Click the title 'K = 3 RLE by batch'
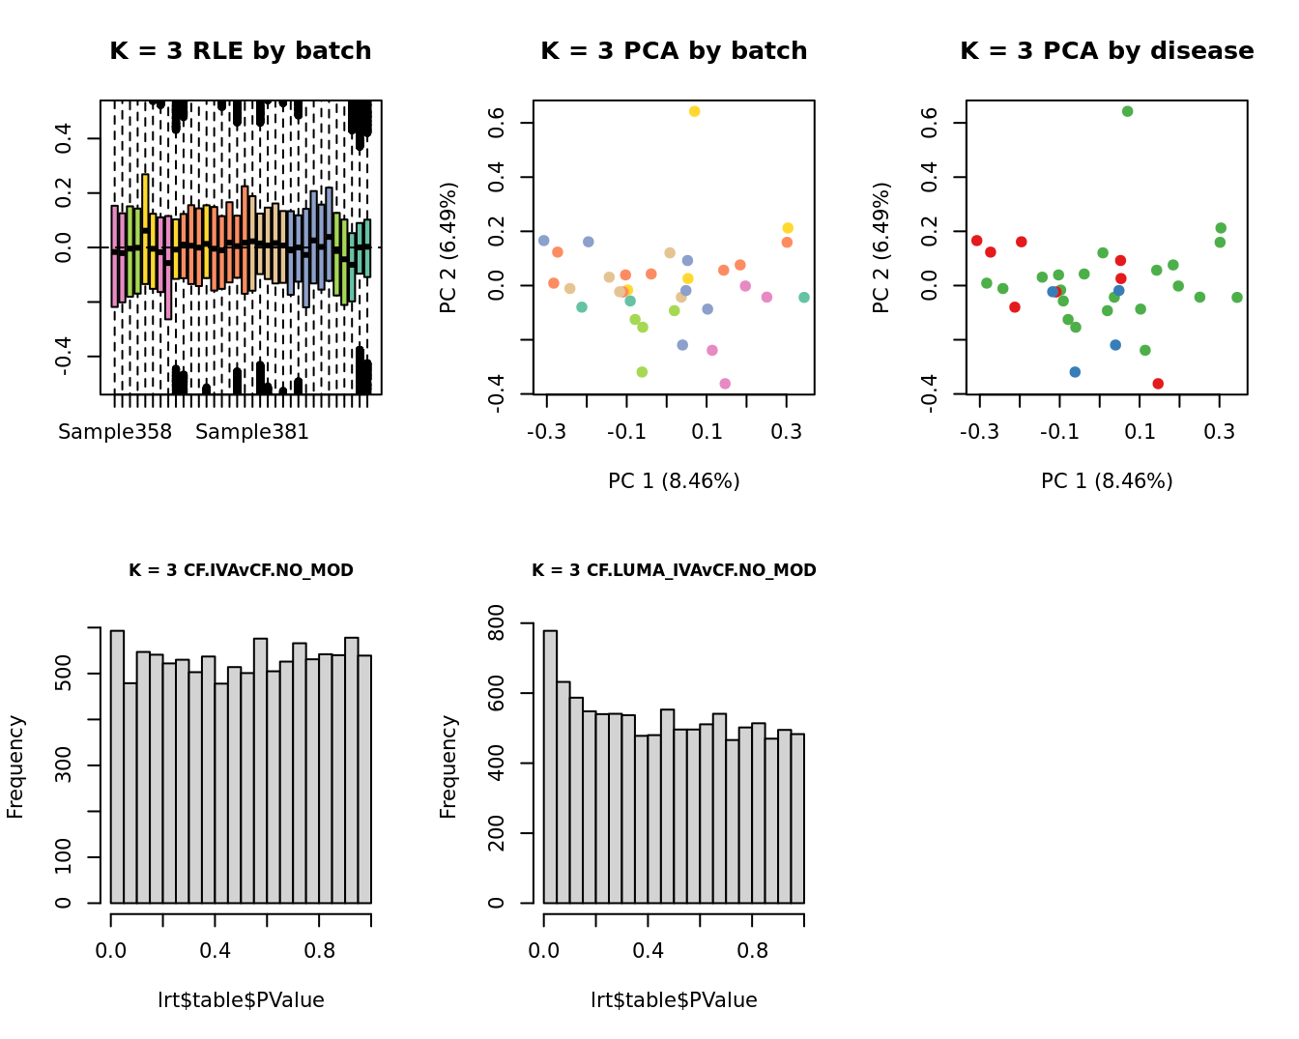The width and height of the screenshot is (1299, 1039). tap(240, 51)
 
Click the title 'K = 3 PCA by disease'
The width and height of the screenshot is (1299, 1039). tap(1107, 51)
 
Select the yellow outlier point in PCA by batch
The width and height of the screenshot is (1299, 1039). tap(694, 112)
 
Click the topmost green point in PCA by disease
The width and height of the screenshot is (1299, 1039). tap(1127, 112)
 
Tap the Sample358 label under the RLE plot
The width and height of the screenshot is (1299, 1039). tap(115, 432)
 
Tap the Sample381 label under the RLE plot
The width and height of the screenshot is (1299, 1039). tap(252, 432)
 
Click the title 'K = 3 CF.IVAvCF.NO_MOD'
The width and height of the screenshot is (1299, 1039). tap(241, 570)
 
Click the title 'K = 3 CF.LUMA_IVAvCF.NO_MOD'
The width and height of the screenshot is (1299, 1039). tap(674, 570)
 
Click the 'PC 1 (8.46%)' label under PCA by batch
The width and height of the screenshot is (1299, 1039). tap(674, 481)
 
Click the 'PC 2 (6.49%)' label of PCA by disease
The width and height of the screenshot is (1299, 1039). tap(880, 247)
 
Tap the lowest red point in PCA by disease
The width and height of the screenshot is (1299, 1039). tap(1158, 384)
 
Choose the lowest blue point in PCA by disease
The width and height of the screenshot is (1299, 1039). tap(1075, 372)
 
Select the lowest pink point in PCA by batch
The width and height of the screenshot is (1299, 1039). tap(725, 384)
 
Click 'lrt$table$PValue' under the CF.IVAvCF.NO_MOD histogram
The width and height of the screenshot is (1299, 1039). tap(241, 1000)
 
